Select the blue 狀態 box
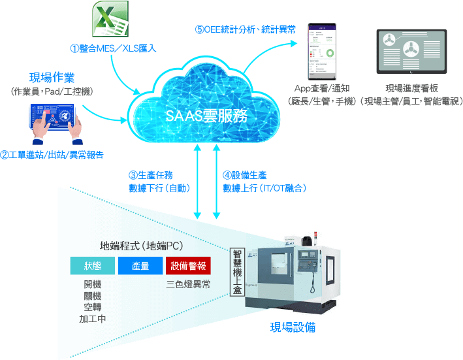(x=91, y=265)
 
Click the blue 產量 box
(x=140, y=265)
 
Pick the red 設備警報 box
(x=188, y=265)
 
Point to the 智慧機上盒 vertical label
(x=237, y=274)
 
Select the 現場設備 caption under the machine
(x=293, y=327)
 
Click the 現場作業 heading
(x=52, y=78)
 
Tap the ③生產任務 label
(x=150, y=175)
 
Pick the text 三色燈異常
(x=188, y=284)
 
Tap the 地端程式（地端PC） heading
(x=141, y=246)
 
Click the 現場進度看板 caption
(x=411, y=88)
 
